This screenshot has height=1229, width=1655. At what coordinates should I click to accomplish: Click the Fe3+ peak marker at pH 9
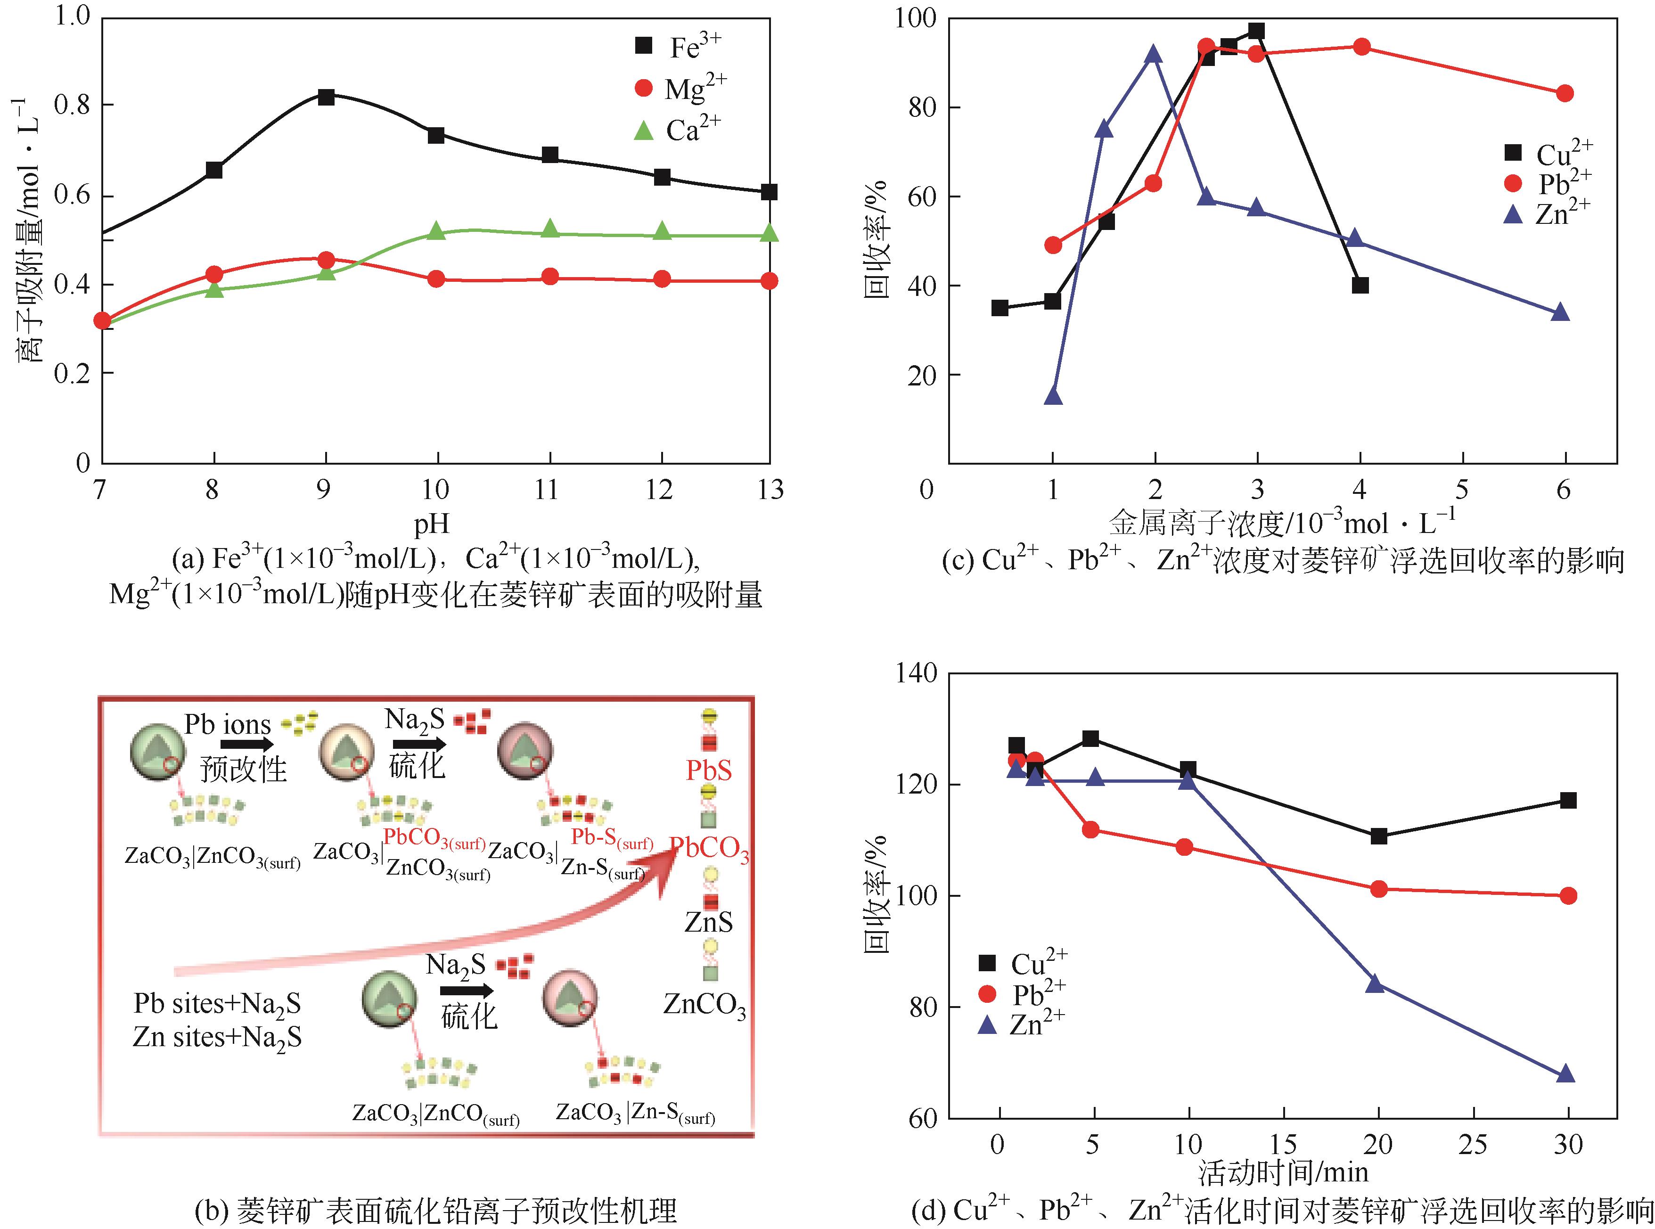point(326,97)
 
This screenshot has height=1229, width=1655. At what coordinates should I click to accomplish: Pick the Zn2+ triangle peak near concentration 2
point(1154,54)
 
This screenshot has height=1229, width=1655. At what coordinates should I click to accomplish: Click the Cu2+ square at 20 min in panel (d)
point(1378,836)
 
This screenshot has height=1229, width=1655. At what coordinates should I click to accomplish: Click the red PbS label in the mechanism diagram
point(708,770)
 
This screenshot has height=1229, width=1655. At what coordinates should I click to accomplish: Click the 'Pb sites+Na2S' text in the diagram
point(217,1004)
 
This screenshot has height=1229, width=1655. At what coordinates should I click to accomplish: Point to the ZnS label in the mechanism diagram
point(708,923)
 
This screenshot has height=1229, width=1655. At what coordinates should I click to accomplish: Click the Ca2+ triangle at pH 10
point(437,231)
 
